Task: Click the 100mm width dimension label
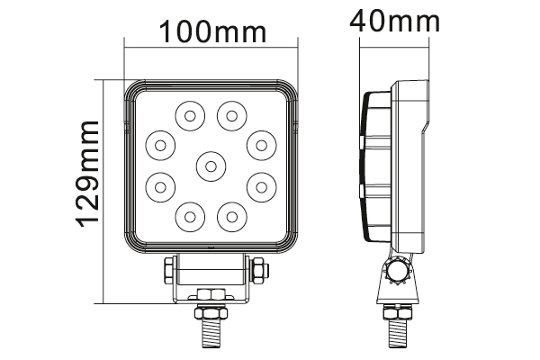tap(212, 31)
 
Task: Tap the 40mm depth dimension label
tap(395, 21)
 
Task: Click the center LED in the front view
tap(211, 166)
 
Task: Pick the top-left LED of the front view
tap(190, 116)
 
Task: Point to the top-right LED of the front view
tap(232, 116)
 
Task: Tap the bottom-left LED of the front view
tap(190, 217)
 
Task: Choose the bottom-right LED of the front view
tap(232, 217)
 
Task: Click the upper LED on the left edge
tap(160, 146)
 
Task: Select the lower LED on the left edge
tap(160, 187)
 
